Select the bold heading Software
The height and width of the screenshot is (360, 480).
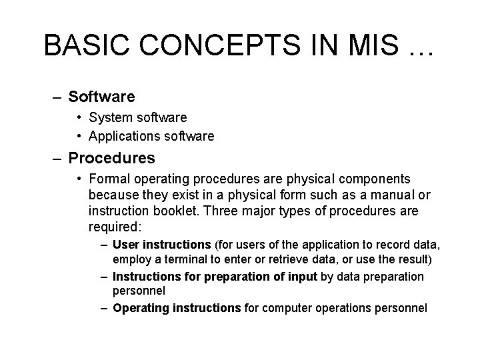(101, 97)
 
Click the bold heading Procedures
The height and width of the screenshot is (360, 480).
(111, 159)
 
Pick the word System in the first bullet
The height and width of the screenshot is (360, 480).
(113, 117)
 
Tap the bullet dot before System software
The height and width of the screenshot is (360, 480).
(79, 117)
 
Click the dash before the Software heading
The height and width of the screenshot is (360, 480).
(59, 97)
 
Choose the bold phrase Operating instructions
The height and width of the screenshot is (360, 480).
(177, 308)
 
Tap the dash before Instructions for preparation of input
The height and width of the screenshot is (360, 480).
(105, 276)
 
